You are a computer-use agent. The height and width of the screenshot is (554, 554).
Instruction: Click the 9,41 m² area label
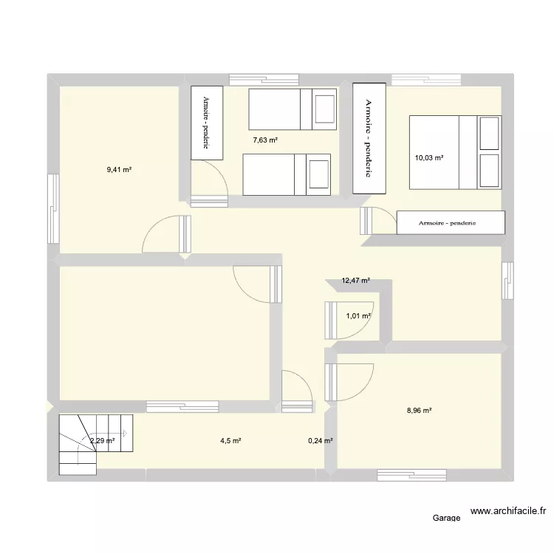click(118, 170)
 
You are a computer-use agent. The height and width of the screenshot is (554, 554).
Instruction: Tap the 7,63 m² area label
click(264, 140)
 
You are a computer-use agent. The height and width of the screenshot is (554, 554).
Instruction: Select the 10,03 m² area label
click(428, 157)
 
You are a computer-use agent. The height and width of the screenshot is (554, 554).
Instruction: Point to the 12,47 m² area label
click(355, 281)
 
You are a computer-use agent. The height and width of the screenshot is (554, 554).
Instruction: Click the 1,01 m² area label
click(358, 316)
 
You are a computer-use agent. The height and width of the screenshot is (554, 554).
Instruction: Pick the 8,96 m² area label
click(418, 411)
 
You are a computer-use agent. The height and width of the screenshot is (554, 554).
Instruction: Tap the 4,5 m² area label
click(230, 441)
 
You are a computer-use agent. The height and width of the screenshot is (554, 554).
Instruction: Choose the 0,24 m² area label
click(320, 441)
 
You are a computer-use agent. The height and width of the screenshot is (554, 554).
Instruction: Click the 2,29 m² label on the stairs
click(102, 441)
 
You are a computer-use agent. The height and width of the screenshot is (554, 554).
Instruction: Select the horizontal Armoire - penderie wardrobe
click(451, 222)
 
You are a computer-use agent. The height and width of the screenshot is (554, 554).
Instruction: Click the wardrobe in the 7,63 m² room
click(207, 123)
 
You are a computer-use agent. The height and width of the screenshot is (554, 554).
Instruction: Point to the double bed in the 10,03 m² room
click(454, 153)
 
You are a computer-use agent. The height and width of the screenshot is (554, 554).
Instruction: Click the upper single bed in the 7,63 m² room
click(293, 109)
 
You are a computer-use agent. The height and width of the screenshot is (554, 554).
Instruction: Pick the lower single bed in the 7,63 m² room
click(285, 175)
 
